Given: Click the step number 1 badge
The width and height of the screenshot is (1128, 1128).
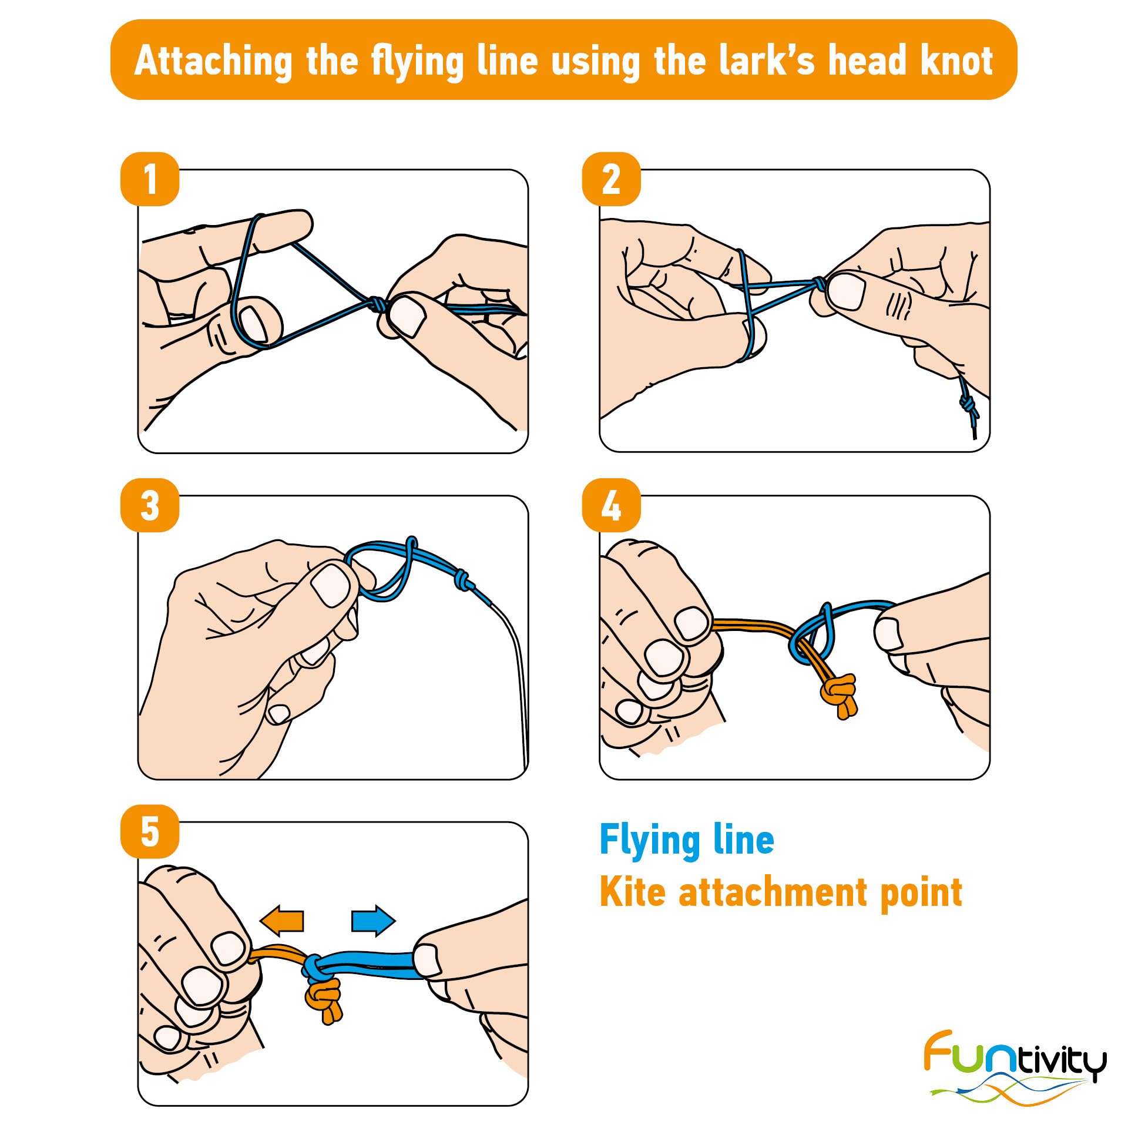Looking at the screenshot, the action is tap(150, 179).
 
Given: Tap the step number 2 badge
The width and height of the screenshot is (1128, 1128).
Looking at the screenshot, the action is tap(611, 179).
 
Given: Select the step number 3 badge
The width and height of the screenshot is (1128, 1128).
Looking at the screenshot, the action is tap(150, 505).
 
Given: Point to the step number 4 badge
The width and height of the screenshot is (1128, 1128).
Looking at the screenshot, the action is tap(611, 505).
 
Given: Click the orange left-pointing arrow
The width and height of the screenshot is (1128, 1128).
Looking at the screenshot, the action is tap(282, 920).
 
